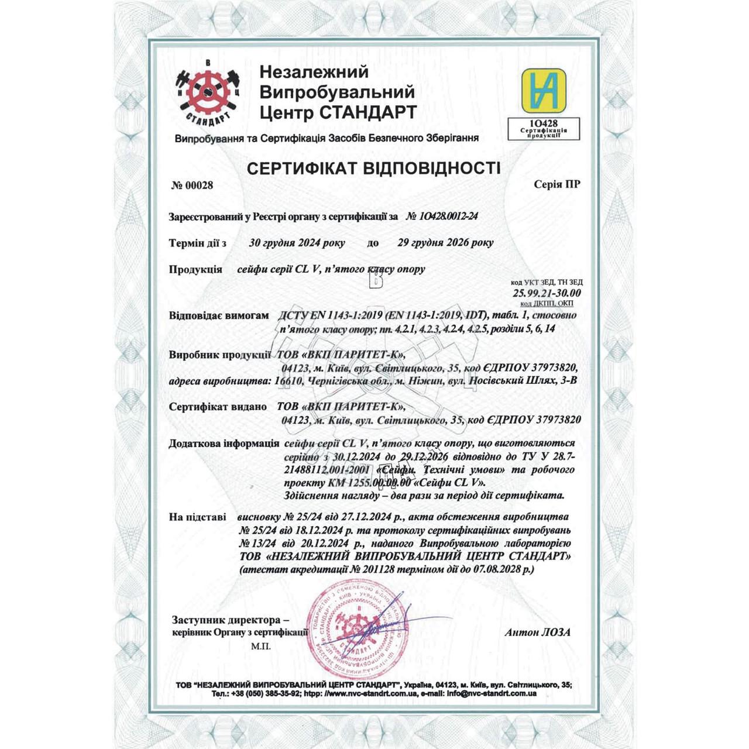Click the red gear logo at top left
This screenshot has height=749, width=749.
pyautogui.click(x=208, y=92)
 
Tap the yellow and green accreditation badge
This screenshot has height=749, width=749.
pyautogui.click(x=544, y=91)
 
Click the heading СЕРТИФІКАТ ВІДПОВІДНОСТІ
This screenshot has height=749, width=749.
pyautogui.click(x=374, y=169)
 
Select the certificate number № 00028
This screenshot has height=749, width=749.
pyautogui.click(x=192, y=185)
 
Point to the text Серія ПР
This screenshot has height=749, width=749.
pyautogui.click(x=557, y=185)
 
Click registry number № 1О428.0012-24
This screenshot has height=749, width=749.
pyautogui.click(x=442, y=217)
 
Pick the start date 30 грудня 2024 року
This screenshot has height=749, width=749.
pyautogui.click(x=297, y=243)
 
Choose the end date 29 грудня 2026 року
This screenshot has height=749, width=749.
pyautogui.click(x=445, y=243)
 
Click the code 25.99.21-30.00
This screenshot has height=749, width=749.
pyautogui.click(x=547, y=293)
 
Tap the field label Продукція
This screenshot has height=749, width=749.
pyautogui.click(x=195, y=270)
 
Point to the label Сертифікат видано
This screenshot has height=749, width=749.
pyautogui.click(x=218, y=407)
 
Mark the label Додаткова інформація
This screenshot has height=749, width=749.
pyautogui.click(x=224, y=444)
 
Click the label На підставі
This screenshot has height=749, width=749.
pyautogui.click(x=197, y=517)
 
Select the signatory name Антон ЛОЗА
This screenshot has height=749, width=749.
pyautogui.click(x=537, y=632)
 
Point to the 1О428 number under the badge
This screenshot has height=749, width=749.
pyautogui.click(x=543, y=123)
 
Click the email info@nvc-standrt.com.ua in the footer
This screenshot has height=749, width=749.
pyautogui.click(x=492, y=694)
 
